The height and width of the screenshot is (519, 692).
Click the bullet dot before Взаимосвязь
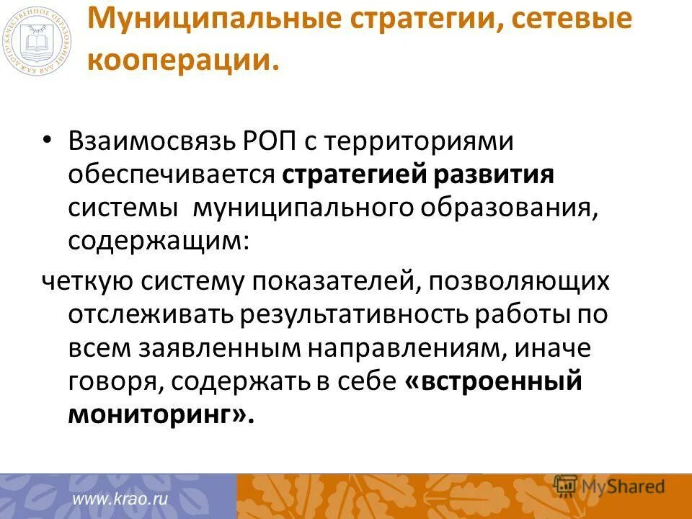tap(48, 141)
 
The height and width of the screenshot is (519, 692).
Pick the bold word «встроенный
tap(493, 381)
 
